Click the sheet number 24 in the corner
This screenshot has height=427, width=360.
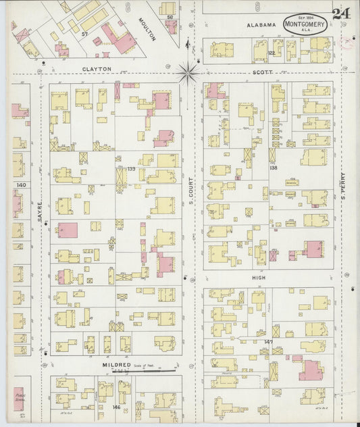tap(340, 14)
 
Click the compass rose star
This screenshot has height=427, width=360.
tap(188, 70)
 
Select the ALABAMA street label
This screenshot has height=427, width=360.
tap(261, 25)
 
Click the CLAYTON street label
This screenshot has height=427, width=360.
tap(97, 69)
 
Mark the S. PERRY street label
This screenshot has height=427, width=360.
tap(343, 183)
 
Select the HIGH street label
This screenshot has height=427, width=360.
tap(259, 278)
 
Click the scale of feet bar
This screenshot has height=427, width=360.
tap(145, 370)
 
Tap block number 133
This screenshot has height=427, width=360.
tap(132, 168)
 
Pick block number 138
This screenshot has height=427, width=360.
tap(273, 168)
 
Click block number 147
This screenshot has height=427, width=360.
tap(268, 342)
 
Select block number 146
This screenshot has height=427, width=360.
tap(116, 407)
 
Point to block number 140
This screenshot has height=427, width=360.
tap(21, 184)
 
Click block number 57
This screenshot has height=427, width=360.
tap(85, 33)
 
